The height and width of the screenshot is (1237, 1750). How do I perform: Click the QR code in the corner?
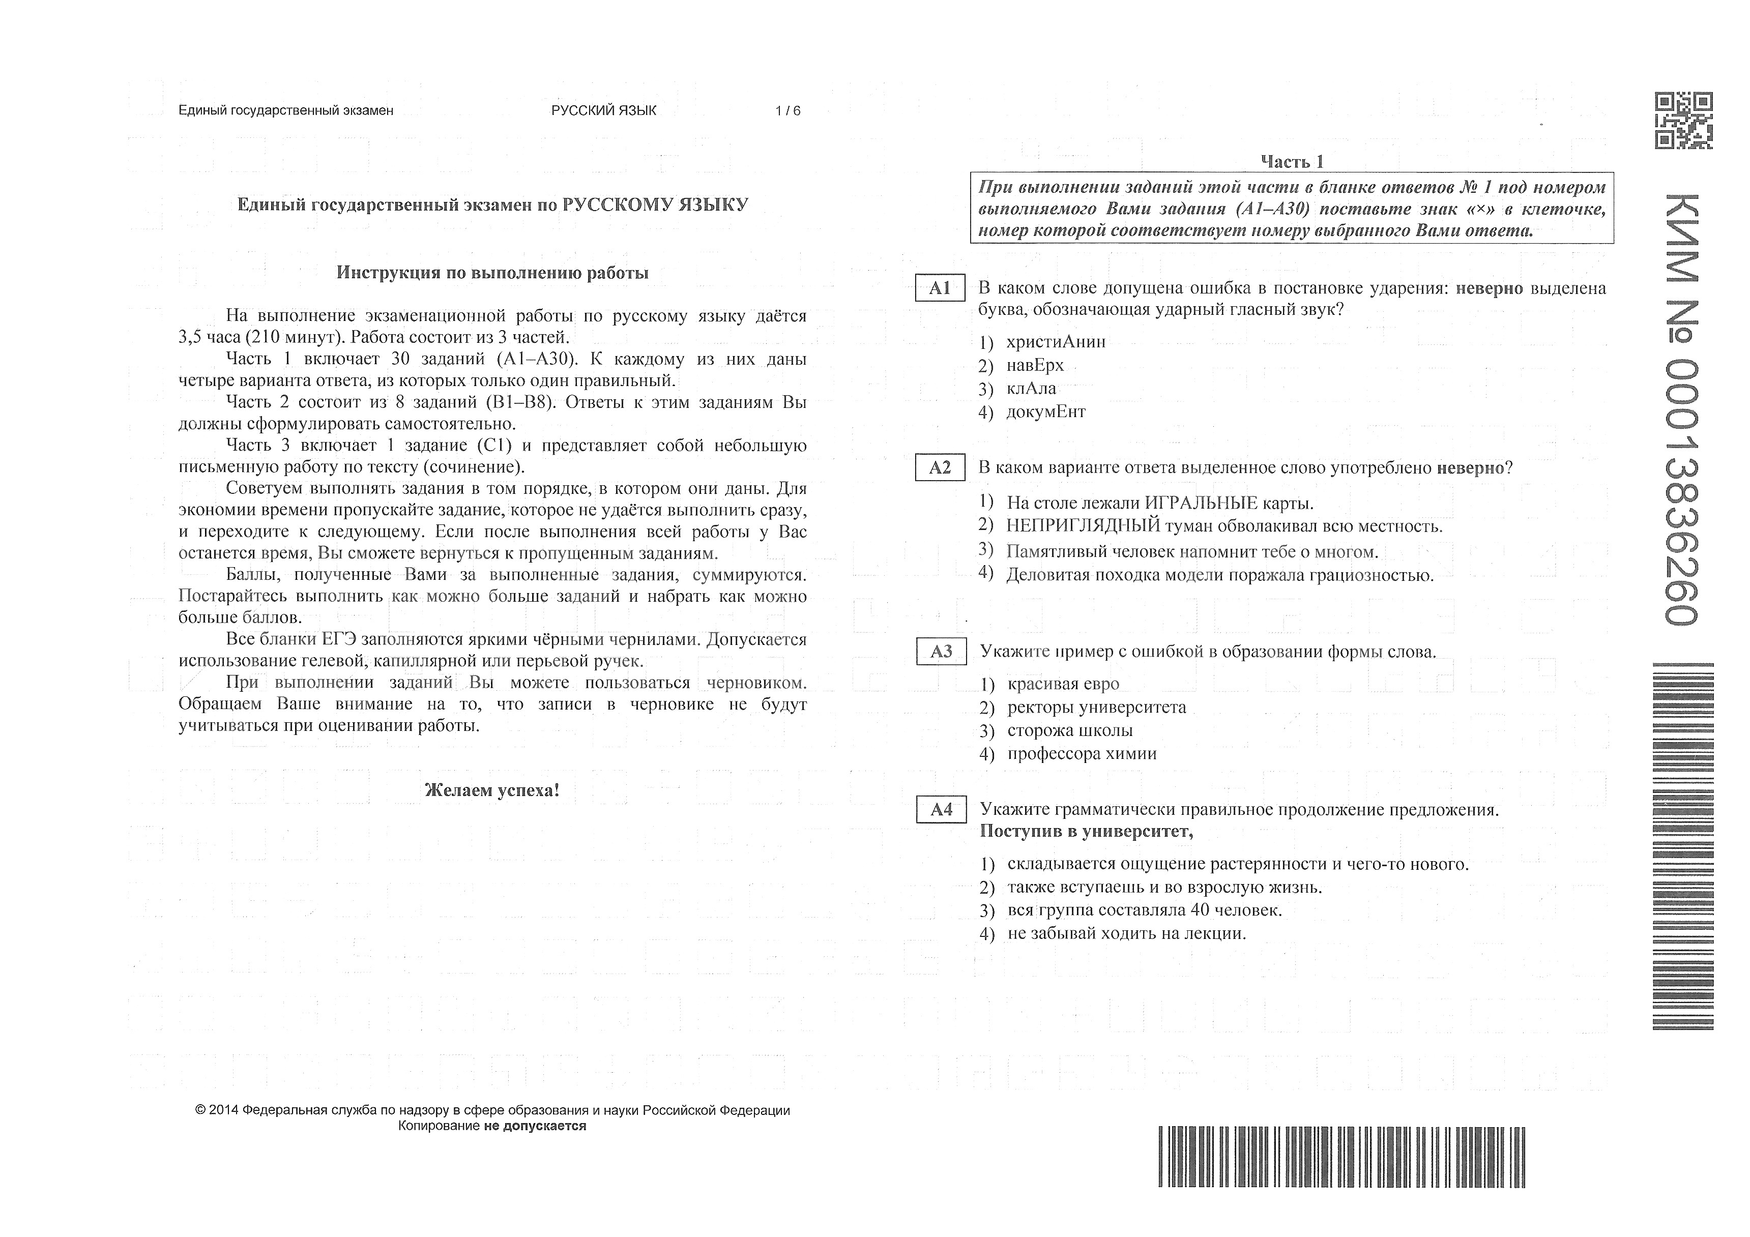(1682, 121)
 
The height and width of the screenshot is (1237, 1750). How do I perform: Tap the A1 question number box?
(939, 288)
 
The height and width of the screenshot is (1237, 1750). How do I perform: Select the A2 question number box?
(939, 467)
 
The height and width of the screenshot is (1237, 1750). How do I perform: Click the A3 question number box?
(941, 652)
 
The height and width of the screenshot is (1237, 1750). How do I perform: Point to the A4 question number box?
(941, 809)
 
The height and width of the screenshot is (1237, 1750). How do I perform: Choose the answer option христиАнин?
(1055, 341)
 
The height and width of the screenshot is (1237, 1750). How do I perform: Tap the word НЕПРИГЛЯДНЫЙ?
(1083, 526)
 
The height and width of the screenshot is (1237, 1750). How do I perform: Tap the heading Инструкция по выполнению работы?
(492, 273)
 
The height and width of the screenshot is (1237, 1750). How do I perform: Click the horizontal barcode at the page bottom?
(1341, 1156)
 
